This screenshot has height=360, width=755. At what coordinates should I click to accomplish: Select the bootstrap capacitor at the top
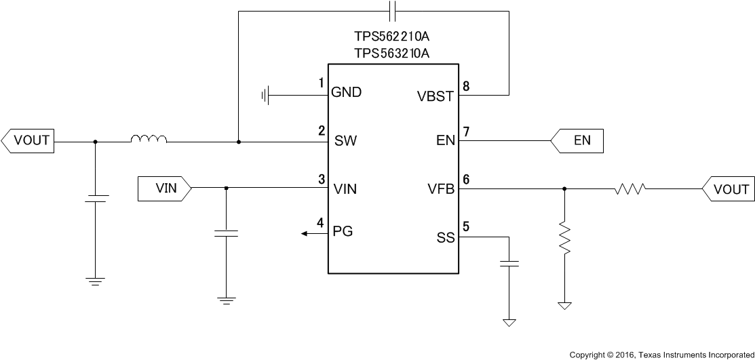click(x=392, y=11)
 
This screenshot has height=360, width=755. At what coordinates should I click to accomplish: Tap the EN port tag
click(x=576, y=141)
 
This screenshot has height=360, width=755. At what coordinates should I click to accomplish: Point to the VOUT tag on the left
click(x=27, y=141)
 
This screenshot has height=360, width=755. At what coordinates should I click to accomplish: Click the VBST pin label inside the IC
click(x=435, y=96)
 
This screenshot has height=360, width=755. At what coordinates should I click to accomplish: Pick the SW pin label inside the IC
click(x=346, y=142)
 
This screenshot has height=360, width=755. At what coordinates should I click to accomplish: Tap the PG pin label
click(x=343, y=231)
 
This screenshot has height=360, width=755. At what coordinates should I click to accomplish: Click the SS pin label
click(x=445, y=237)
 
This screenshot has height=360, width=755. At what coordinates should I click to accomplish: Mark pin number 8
click(x=465, y=86)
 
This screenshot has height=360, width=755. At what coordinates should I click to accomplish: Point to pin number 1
click(x=321, y=83)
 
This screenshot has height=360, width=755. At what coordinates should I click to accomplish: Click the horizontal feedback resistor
click(x=630, y=189)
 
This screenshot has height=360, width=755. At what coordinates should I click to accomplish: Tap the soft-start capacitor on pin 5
click(x=509, y=264)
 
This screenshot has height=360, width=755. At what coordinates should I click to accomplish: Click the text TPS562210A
click(x=391, y=37)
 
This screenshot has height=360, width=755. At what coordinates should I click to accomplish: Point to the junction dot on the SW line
click(x=238, y=142)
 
